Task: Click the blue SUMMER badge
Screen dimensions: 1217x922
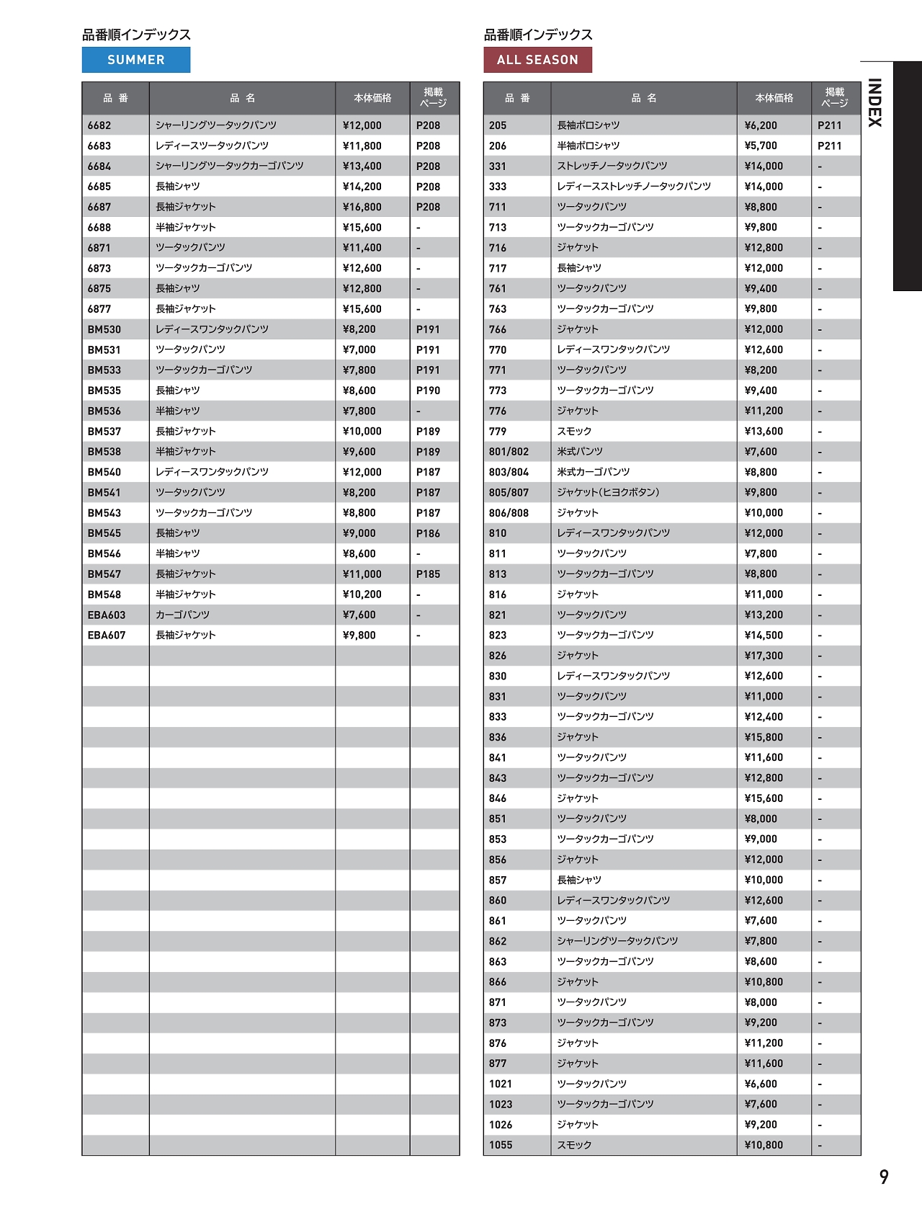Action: [136, 60]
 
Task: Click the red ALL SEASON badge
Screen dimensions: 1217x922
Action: [537, 60]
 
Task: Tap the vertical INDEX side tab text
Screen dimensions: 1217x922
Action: [874, 102]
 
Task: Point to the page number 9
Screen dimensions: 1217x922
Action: [884, 1177]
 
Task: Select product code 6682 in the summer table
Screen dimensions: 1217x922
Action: [99, 125]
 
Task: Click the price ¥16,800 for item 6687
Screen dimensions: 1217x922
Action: [362, 207]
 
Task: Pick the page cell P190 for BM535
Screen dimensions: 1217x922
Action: [428, 391]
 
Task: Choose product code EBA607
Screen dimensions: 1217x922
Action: [107, 636]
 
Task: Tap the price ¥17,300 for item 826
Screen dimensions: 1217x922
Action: [764, 656]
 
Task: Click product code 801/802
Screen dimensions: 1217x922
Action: [509, 452]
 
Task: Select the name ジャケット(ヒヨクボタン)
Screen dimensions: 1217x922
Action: [608, 493]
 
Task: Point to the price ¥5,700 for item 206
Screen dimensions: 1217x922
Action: [761, 146]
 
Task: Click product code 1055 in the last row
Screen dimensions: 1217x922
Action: [501, 1145]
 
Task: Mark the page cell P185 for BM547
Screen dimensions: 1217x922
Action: [428, 574]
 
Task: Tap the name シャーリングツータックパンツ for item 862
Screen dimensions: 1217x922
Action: [617, 941]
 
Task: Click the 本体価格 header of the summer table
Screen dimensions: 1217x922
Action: [372, 98]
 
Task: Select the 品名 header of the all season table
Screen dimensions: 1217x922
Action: [644, 98]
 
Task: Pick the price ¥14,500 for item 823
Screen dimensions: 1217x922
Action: [764, 636]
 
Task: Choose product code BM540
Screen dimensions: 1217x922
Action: [104, 472]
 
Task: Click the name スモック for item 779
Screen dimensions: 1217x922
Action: [574, 432]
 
